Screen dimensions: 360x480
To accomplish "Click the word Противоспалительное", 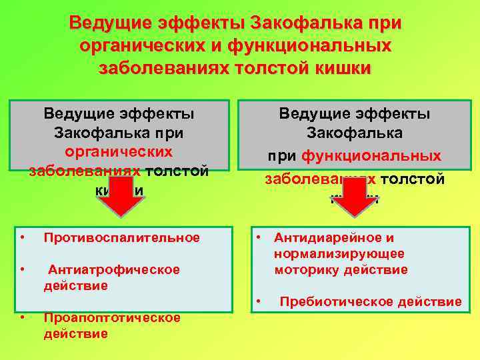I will click(x=121, y=238).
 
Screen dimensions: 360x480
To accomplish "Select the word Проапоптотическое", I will click(x=112, y=317).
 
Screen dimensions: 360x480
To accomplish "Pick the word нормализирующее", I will click(x=339, y=254).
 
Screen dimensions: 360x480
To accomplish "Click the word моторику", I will click(x=308, y=270).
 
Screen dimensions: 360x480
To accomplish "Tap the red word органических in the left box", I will click(x=119, y=151).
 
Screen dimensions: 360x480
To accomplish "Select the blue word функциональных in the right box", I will click(x=371, y=156).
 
